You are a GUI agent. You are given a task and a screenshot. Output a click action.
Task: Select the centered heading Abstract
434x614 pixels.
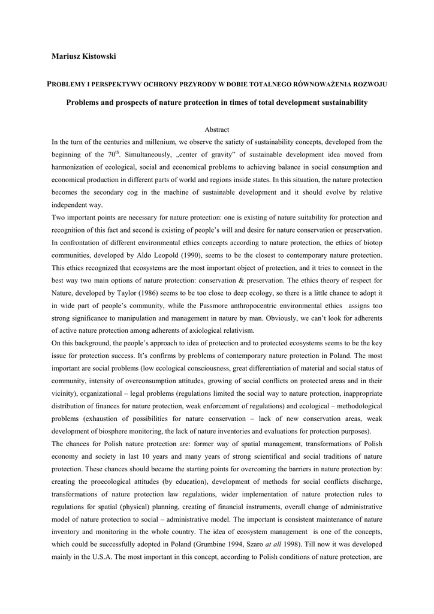pos(216,130)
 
